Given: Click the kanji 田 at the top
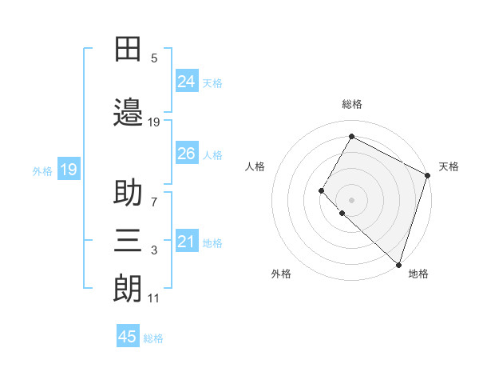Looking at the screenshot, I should point(128,50).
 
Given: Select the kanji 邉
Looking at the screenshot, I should point(128,112).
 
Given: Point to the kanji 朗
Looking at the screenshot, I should point(128,286).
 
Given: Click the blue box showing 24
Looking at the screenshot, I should point(187,81).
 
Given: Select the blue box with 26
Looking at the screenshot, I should point(187,154).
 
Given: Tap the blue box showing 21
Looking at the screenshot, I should point(187,242).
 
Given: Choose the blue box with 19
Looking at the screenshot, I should point(68,169).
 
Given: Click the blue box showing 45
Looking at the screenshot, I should point(128,337).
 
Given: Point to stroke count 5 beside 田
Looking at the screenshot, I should point(154,58).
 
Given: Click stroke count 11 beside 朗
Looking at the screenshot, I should point(153,298).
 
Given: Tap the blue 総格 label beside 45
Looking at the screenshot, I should point(153,338).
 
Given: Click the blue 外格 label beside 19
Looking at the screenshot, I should point(42,170).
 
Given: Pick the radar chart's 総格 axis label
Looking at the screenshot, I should point(351,104).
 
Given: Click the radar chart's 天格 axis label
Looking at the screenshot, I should point(449,166).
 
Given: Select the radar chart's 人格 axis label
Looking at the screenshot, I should point(255,166).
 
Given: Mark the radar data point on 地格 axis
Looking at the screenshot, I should point(398,264).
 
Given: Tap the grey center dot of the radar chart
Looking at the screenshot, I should point(351,199).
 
